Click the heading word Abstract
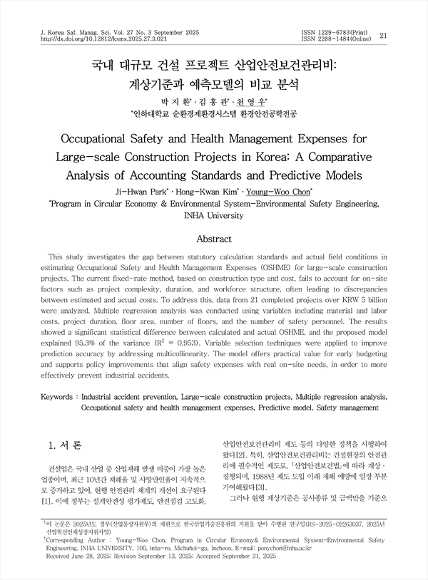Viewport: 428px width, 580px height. click(x=214, y=239)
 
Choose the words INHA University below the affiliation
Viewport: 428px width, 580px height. click(x=214, y=214)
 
